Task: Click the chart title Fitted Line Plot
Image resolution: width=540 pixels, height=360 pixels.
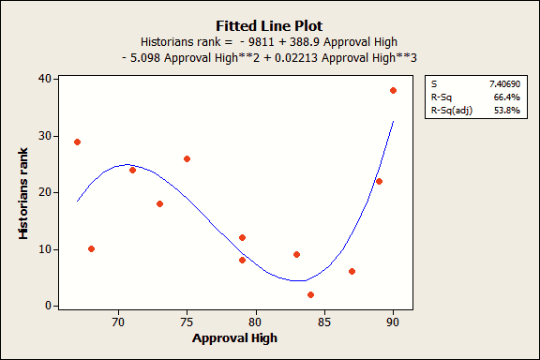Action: (270, 26)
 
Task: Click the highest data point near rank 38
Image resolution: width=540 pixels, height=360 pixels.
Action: (393, 90)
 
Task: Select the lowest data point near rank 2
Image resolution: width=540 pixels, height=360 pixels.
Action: (310, 294)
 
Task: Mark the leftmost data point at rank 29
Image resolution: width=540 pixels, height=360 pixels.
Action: (77, 142)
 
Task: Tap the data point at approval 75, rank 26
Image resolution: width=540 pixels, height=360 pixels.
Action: (187, 158)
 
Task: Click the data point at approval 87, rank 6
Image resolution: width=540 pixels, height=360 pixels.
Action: (352, 271)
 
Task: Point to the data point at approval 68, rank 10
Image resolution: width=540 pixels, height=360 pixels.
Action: (91, 248)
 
